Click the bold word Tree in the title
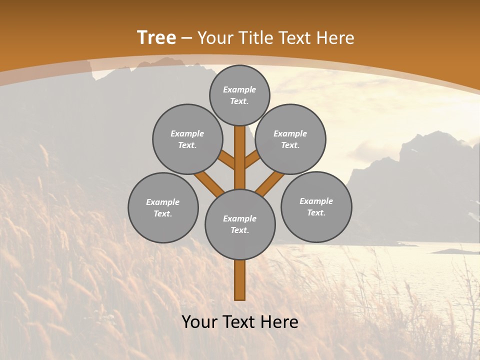tap(156, 37)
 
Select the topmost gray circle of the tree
tap(239, 95)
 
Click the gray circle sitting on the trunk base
tap(240, 224)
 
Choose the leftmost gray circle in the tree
tap(163, 207)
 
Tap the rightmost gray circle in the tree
tap(316, 206)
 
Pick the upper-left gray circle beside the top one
tap(187, 139)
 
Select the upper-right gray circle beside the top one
tap(290, 139)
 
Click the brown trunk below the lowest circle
tap(240, 280)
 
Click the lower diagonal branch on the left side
tap(209, 182)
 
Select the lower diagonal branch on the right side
tap(270, 182)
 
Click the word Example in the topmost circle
tap(239, 89)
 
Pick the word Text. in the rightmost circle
tap(316, 212)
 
